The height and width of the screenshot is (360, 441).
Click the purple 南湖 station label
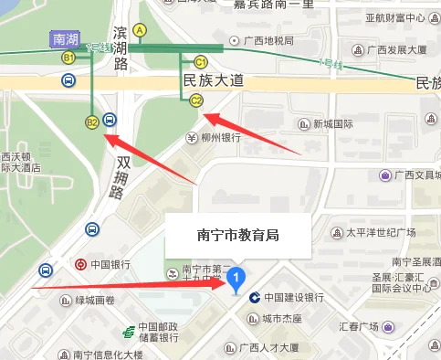pyautogui.click(x=66, y=39)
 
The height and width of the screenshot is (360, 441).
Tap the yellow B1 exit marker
pyautogui.click(x=68, y=58)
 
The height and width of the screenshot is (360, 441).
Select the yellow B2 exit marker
pyautogui.click(x=91, y=121)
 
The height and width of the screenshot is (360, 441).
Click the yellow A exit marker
pyautogui.click(x=140, y=30)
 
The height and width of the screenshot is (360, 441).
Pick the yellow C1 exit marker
pyautogui.click(x=200, y=61)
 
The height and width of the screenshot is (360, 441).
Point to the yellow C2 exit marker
pyautogui.click(x=195, y=101)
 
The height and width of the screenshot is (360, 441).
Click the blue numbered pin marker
pyautogui.click(x=236, y=278)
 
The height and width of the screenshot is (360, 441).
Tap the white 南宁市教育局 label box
pyautogui.click(x=237, y=235)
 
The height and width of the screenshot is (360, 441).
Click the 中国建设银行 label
pyautogui.click(x=294, y=298)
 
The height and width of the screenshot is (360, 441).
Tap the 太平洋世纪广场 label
pyautogui.click(x=380, y=232)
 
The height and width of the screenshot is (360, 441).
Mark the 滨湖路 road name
pyautogui.click(x=119, y=48)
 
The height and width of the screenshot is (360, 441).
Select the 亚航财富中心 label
pyautogui.click(x=395, y=17)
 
